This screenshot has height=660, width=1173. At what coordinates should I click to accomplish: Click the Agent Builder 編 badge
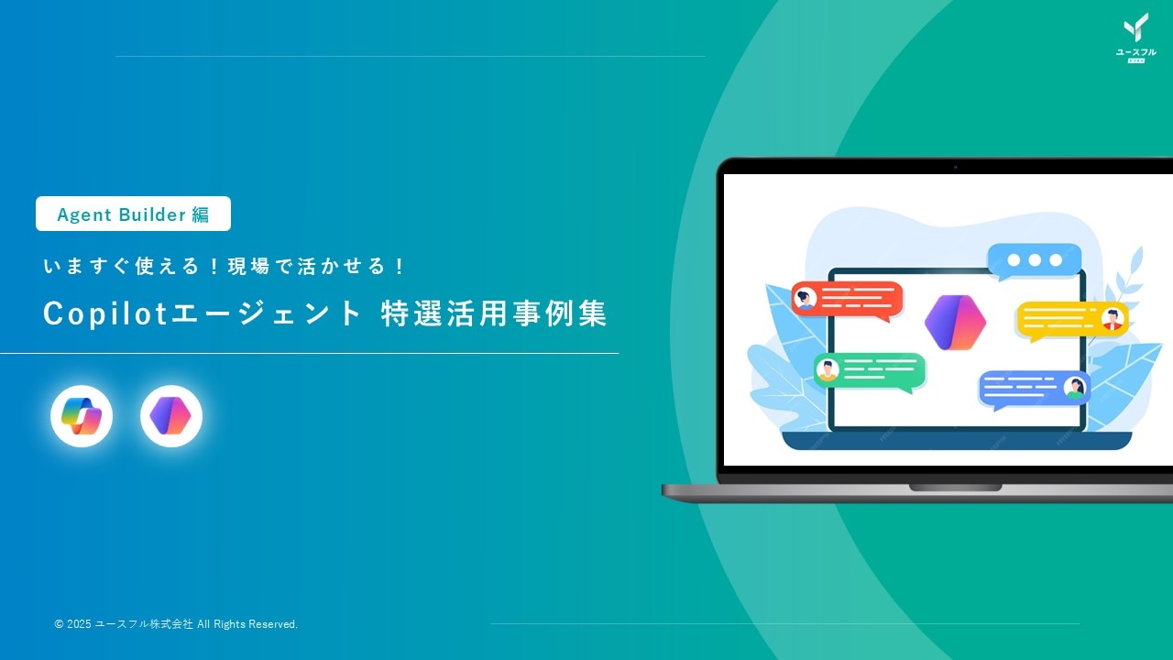point(133,214)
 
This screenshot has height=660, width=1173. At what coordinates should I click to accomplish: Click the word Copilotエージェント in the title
point(203,314)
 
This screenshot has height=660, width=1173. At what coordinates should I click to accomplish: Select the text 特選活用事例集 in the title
point(494,314)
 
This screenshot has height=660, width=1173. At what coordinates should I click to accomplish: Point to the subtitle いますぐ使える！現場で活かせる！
point(225,267)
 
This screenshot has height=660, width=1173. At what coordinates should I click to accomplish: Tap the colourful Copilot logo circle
point(82,416)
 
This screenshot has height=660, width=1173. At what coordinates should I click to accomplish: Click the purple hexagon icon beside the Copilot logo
point(171,416)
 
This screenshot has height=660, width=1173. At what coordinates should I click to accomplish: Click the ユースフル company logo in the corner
point(1135,37)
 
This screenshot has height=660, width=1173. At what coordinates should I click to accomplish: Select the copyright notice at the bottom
point(176,624)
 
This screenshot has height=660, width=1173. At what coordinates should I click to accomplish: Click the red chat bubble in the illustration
point(848,300)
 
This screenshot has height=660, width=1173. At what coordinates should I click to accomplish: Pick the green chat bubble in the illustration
point(870,371)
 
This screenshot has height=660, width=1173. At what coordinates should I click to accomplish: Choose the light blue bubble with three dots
point(1035,260)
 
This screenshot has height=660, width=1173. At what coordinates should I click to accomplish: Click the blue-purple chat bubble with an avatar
point(1034,388)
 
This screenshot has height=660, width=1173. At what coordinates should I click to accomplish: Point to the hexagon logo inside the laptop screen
point(955,323)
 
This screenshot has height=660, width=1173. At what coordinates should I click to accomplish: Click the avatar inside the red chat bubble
point(806,299)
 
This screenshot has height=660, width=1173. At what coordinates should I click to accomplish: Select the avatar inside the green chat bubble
point(828,370)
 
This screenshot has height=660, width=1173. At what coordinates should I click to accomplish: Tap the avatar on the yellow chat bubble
point(1113,318)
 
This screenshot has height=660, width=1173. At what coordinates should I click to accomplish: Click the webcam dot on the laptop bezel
point(955,167)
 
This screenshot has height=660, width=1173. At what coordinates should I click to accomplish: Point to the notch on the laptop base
point(955,488)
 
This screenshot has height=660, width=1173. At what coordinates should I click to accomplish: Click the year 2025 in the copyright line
point(80,624)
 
